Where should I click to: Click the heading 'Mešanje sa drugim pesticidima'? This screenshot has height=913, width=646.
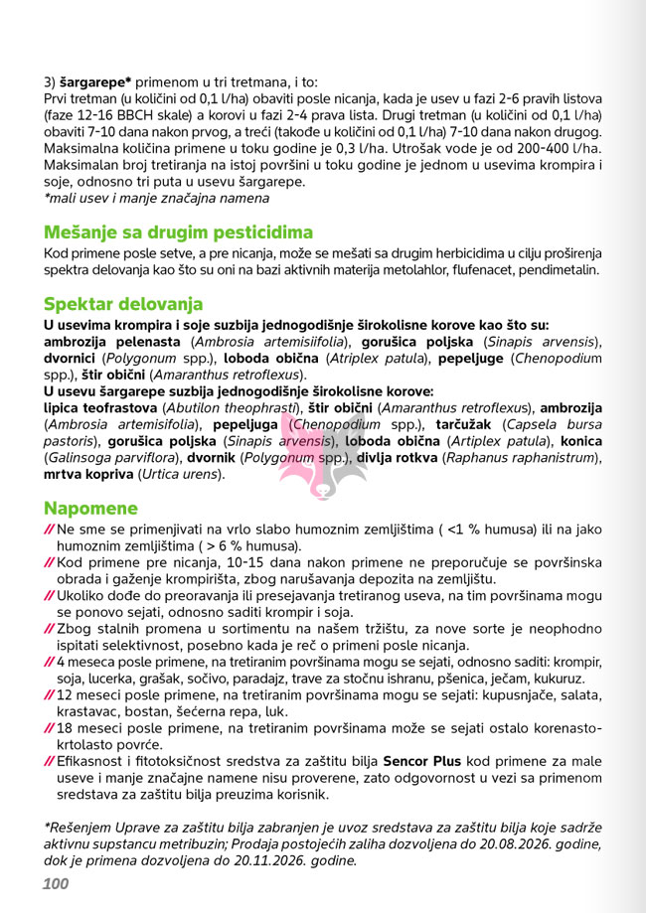(x=178, y=232)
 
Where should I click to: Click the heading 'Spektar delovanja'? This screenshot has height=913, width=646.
(x=123, y=304)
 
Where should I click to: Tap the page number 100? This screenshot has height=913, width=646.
(x=56, y=883)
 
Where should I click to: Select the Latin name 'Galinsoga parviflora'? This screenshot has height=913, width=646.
(x=107, y=458)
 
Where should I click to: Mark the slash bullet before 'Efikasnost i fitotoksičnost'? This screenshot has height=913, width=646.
(x=50, y=761)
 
